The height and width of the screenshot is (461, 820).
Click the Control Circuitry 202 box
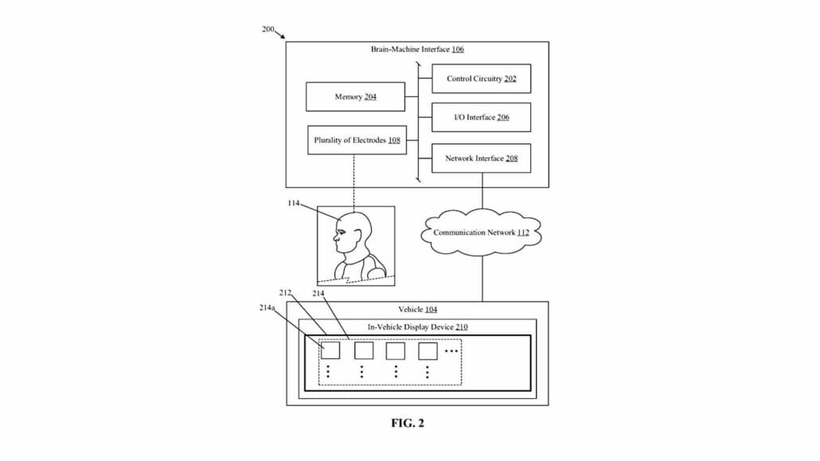481,79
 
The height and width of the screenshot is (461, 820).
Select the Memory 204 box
355,97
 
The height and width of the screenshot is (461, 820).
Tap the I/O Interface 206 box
481,117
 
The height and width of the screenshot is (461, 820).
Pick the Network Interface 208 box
481,158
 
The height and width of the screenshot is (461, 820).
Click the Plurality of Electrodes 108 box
357,140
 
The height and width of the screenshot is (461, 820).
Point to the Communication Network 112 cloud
481,232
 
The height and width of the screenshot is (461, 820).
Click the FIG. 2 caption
408,424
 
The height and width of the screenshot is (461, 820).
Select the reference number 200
267,29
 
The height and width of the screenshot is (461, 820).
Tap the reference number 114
294,204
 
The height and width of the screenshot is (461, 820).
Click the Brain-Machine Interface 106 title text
417,49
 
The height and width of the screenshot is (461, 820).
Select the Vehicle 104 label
417,309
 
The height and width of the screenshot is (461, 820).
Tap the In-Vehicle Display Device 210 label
417,326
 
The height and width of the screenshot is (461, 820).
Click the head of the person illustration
353,233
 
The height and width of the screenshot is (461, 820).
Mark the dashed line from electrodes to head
353,181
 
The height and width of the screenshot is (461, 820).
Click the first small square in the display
330,350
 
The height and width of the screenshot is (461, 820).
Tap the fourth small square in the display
428,350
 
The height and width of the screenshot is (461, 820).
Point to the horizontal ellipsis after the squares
452,351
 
